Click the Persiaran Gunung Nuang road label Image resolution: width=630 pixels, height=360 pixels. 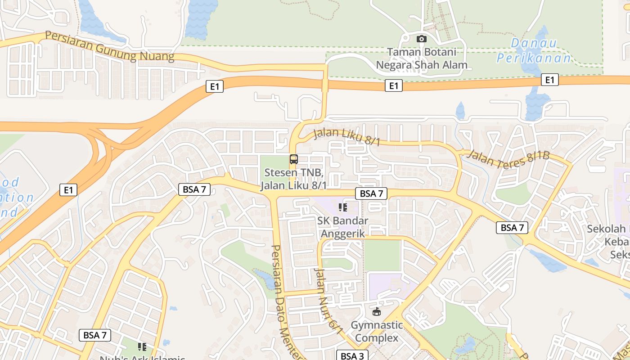109,46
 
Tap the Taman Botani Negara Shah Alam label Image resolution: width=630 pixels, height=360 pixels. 421,58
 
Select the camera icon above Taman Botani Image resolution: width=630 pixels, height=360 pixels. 421,39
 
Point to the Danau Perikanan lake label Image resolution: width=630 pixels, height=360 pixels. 533,50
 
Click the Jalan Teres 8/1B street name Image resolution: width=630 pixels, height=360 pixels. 508,156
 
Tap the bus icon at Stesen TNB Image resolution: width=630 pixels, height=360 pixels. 293,159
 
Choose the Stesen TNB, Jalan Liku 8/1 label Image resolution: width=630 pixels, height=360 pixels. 294,179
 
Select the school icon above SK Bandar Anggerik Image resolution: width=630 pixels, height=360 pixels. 343,207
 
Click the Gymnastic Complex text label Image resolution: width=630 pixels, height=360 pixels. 377,331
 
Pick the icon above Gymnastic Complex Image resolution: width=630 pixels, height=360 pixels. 377,311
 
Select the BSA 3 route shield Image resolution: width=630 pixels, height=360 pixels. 352,356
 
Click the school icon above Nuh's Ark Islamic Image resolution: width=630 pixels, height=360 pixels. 142,346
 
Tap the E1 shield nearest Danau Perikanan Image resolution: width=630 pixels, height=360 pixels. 549,80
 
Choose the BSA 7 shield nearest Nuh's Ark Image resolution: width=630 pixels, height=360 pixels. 95,335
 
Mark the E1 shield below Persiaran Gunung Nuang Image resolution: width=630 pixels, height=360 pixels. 215,86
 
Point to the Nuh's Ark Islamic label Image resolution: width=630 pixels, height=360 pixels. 142,358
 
